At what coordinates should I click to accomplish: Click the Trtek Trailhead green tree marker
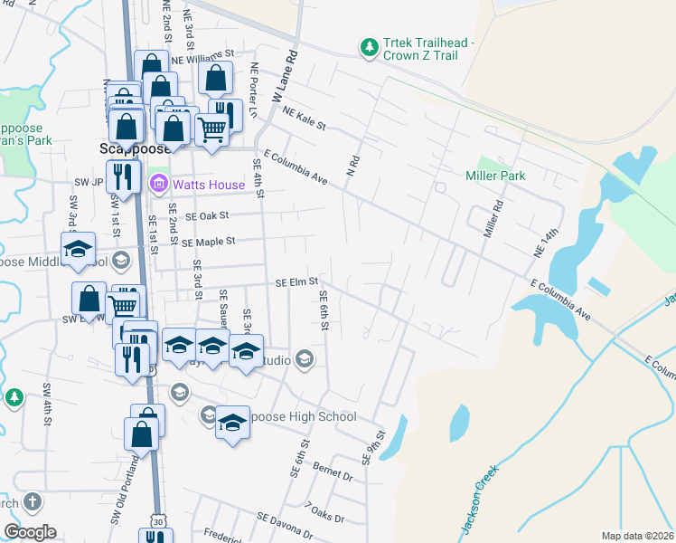pos(368,48)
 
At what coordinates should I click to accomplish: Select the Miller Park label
pos(495,176)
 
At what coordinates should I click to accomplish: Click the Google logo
pos(30,532)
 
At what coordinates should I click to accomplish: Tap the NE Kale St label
pos(303,119)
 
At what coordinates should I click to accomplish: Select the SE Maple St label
pos(208,242)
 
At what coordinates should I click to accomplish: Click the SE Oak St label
pos(208,216)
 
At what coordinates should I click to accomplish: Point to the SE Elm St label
pos(296,282)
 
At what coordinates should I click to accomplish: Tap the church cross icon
pos(32,502)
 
